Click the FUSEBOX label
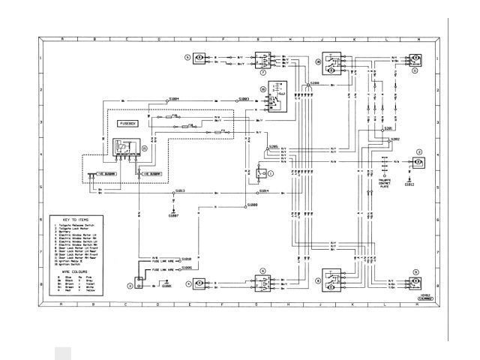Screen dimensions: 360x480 point(128,121)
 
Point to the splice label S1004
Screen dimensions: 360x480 point(174,98)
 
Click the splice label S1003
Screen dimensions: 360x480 point(244,98)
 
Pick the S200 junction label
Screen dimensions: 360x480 point(314,82)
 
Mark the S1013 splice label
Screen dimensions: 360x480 point(181,191)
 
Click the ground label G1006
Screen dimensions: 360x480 point(165,286)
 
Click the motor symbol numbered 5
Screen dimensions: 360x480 point(200,57)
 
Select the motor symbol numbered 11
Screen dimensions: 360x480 point(413,57)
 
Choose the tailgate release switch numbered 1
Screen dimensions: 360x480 point(261,173)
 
